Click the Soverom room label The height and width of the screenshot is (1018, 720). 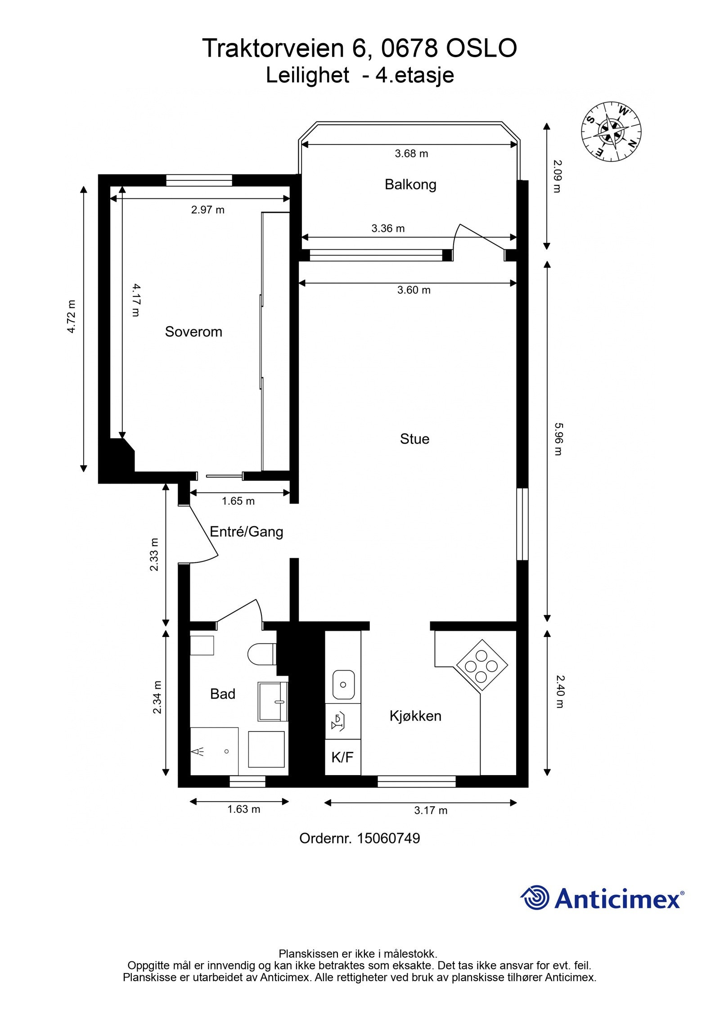click(x=193, y=332)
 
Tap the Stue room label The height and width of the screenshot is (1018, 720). click(x=414, y=439)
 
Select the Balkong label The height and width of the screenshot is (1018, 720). click(x=410, y=184)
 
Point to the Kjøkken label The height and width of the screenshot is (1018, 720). click(x=415, y=715)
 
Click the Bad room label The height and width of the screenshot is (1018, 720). click(x=223, y=694)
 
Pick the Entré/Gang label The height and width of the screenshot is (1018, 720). click(x=247, y=532)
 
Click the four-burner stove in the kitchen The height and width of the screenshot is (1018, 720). click(x=482, y=665)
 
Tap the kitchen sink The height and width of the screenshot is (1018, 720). click(x=343, y=685)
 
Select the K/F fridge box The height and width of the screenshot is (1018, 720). click(x=342, y=758)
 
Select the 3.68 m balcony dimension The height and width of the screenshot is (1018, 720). click(x=411, y=153)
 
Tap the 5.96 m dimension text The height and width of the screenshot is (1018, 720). click(x=558, y=439)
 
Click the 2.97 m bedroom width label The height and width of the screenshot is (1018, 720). click(x=207, y=210)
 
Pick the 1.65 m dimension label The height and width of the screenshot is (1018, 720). click(x=238, y=501)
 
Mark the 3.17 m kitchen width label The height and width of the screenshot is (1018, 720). click(x=431, y=810)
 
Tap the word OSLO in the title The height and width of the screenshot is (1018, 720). click(x=481, y=48)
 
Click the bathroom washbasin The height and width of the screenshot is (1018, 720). click(x=272, y=701)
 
